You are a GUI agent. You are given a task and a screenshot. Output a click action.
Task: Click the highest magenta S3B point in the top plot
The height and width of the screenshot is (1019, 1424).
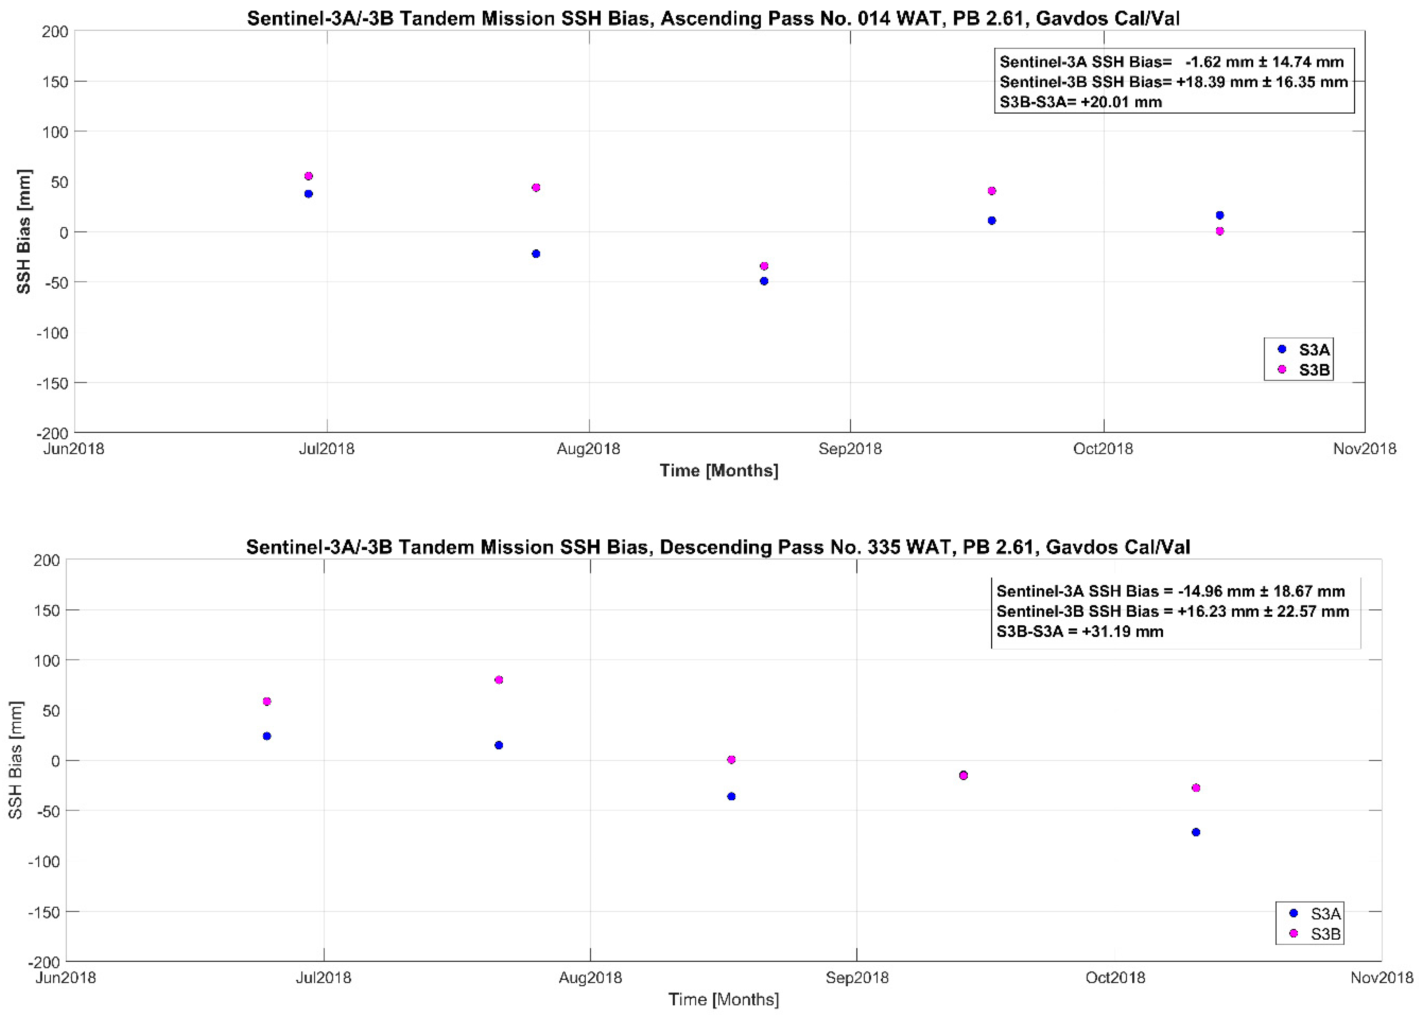[x=308, y=176]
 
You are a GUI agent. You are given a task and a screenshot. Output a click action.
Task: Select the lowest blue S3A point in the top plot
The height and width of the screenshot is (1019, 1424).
[x=764, y=281]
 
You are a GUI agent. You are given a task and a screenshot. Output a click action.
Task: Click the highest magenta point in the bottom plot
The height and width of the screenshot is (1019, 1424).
[x=499, y=680]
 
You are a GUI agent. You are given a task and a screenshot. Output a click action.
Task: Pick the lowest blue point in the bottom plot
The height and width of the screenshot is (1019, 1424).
[x=1196, y=832]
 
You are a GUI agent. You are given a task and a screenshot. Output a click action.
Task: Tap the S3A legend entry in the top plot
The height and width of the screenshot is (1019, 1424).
[x=1305, y=349]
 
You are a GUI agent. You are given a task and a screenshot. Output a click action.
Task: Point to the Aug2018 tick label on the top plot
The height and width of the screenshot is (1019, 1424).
[x=589, y=449]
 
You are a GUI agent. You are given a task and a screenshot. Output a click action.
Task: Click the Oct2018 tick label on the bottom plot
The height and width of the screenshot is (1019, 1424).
[x=1116, y=978]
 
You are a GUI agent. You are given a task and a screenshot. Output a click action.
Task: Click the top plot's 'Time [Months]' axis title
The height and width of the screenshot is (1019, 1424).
[x=719, y=471]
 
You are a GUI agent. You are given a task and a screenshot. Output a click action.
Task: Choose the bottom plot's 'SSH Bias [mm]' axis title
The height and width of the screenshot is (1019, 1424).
[x=15, y=760]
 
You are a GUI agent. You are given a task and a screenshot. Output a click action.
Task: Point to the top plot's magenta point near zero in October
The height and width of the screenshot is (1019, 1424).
[x=1219, y=232]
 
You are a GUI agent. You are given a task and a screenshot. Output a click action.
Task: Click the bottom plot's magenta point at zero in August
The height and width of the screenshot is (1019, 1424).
[x=731, y=760]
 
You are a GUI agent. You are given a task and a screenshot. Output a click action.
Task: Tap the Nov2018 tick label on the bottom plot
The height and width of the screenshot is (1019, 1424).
[x=1381, y=978]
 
